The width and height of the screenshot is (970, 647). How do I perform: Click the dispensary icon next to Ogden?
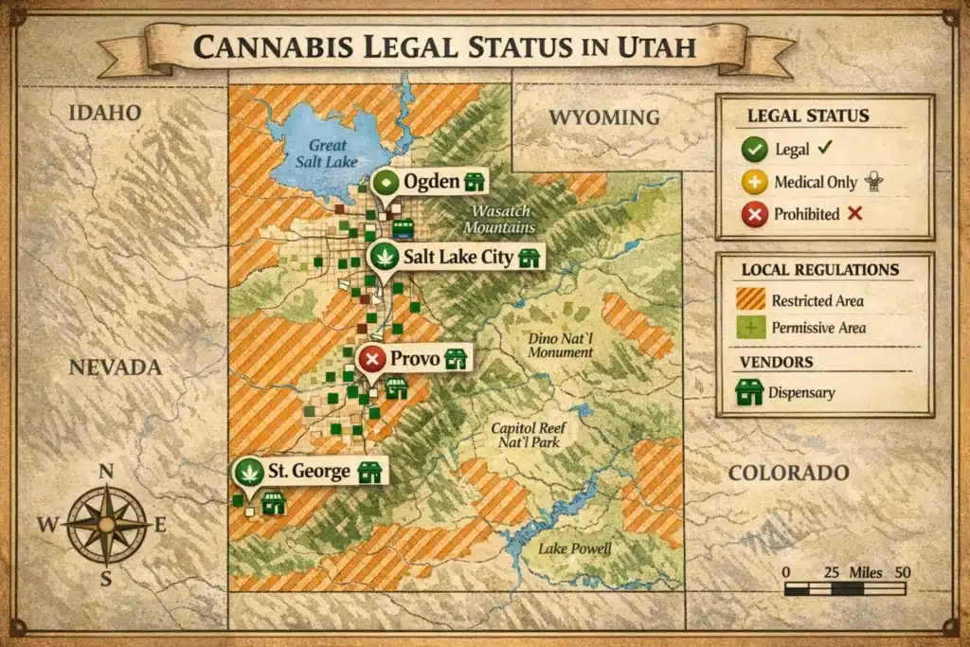474,181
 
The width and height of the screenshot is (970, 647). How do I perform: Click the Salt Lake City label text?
458,257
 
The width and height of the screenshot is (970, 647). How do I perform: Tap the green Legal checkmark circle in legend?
754,150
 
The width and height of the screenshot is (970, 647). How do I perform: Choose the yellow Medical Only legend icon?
754,183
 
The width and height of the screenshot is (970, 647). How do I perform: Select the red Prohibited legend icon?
754,215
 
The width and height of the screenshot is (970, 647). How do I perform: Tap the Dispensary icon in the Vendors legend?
749,392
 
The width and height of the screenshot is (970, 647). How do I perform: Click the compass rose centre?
106,523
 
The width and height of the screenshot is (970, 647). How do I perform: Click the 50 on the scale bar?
902,572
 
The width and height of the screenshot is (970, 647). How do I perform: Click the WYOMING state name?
604,117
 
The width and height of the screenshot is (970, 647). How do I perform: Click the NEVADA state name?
116,367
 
